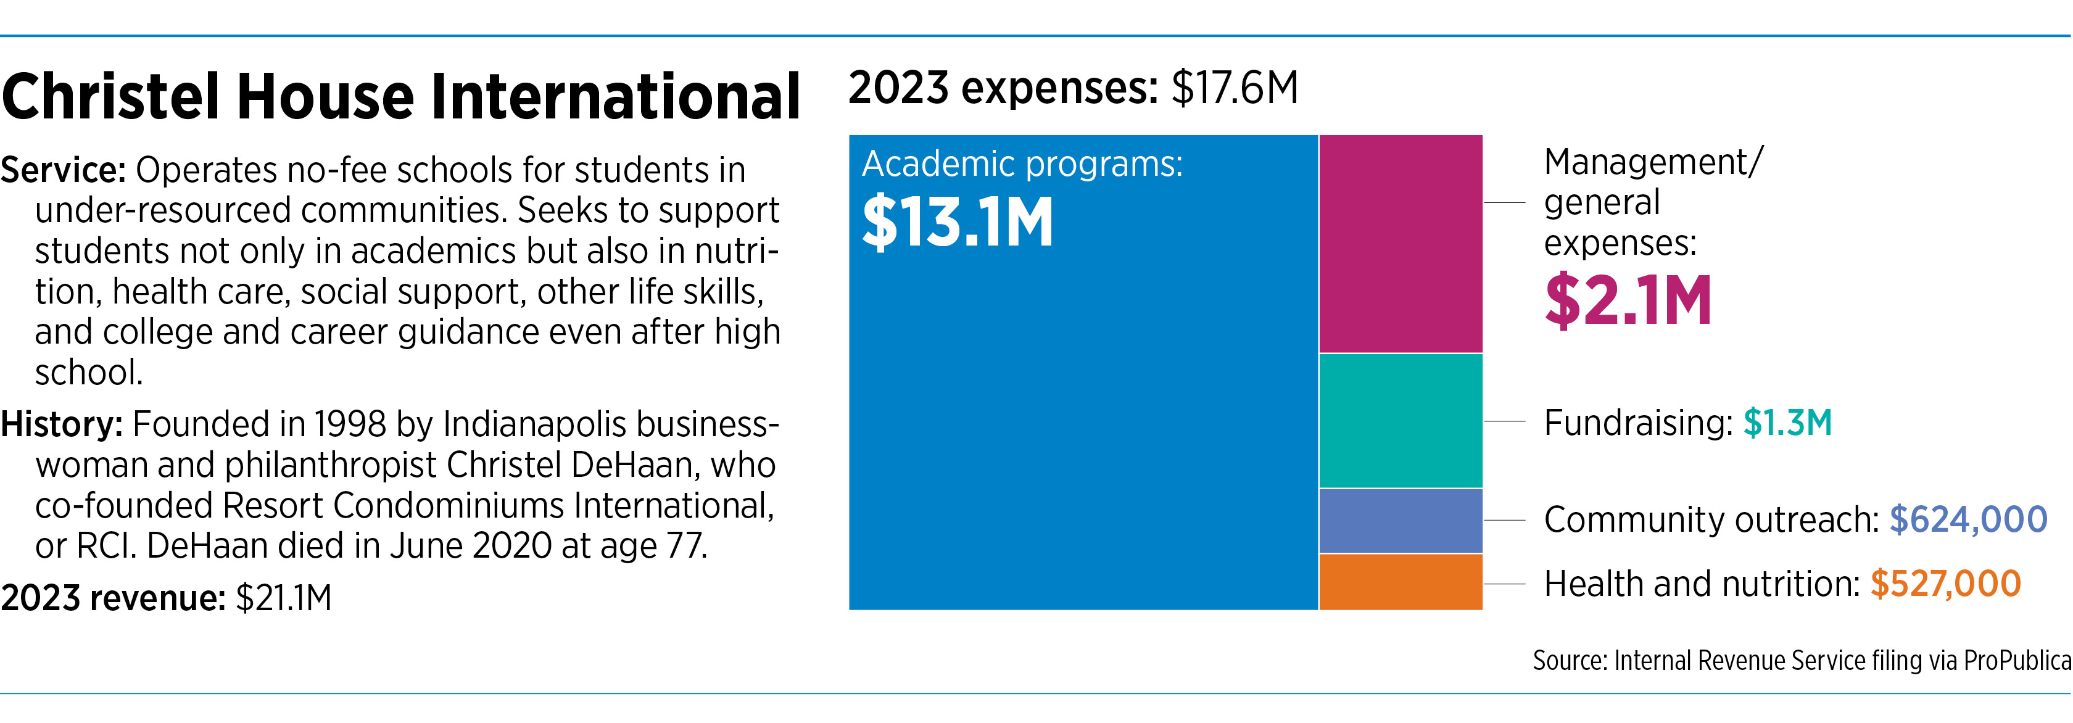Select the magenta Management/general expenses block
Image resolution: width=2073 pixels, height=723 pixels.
point(1401,244)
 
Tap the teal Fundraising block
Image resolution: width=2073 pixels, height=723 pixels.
point(1401,421)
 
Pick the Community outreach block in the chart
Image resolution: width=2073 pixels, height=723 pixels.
point(1401,520)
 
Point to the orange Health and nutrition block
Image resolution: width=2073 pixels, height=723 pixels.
point(1401,582)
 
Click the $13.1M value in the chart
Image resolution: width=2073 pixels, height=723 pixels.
point(958,222)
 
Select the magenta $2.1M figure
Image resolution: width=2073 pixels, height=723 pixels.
point(1627,301)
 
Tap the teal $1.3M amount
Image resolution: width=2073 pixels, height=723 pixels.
point(1787,422)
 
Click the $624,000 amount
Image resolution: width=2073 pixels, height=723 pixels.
point(1967,519)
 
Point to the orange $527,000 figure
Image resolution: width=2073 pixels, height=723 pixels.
point(1945,584)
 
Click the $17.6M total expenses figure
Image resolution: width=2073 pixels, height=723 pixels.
point(1235,88)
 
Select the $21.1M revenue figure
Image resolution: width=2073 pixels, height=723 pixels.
point(283,598)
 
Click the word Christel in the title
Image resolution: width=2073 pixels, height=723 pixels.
point(111,97)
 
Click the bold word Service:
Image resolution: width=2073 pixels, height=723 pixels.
point(63,170)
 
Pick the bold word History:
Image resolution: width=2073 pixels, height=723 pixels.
point(61,424)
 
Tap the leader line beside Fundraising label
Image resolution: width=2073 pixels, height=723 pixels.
point(1504,421)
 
